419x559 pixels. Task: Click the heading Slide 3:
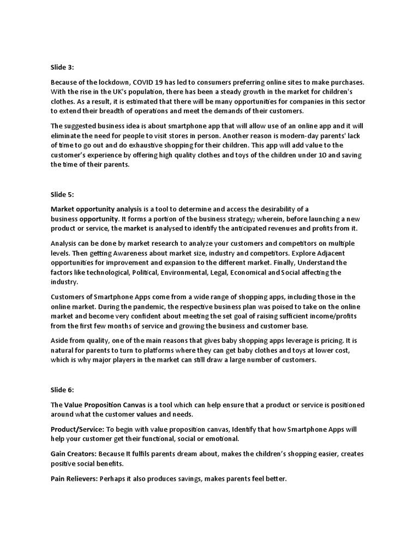tap(62, 67)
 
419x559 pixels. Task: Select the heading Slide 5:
tap(62, 193)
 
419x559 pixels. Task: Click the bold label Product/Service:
tap(77, 429)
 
